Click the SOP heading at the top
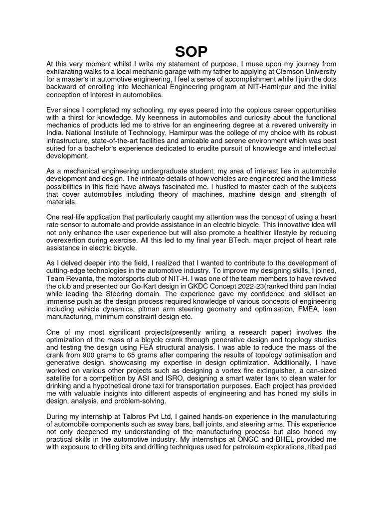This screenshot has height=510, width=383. pyautogui.click(x=191, y=51)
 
